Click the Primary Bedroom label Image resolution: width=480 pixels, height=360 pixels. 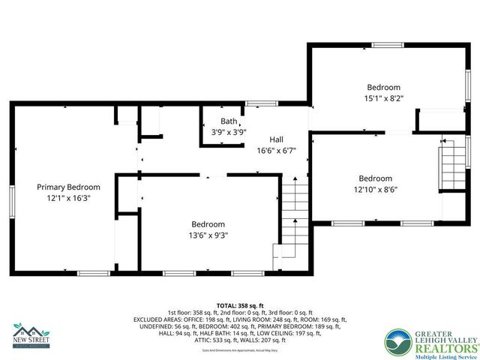pos(68,187)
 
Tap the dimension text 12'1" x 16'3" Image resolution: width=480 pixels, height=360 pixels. pos(68,199)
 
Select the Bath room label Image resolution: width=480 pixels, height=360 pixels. pos(229,121)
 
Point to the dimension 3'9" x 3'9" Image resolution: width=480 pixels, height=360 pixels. pos(229,132)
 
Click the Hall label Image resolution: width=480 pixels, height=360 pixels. pos(277,139)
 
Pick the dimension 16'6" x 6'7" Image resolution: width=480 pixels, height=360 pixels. pos(277,150)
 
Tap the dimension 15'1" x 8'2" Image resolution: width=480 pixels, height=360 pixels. pos(383,97)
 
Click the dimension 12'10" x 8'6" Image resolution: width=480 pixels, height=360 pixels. pos(375,190)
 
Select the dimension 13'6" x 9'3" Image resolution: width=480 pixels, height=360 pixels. pos(208,235)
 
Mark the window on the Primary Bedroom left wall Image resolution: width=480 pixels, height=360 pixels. pos(12,200)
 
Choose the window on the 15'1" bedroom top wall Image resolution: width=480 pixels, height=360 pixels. pos(388,46)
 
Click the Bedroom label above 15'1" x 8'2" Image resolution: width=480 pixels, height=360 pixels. pos(383,87)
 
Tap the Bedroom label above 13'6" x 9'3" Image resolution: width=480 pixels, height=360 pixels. pos(208,224)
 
